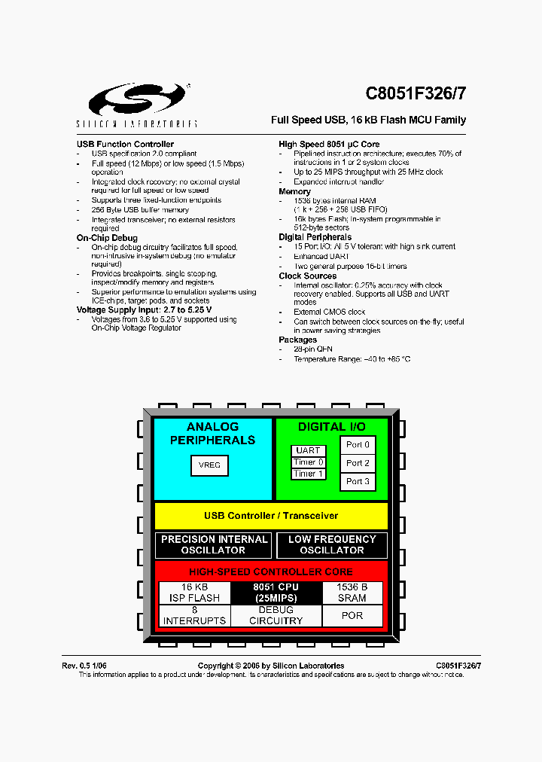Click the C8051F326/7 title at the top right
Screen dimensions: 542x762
click(416, 93)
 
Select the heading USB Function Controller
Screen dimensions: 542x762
click(125, 144)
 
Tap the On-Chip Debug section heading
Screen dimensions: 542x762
click(107, 238)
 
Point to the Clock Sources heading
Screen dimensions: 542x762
click(307, 276)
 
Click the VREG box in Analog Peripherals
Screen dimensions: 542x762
click(209, 465)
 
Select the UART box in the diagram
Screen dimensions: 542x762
click(309, 451)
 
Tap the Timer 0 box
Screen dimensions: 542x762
click(309, 462)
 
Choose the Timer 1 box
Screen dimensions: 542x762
click(309, 474)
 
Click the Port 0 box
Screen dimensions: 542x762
click(358, 445)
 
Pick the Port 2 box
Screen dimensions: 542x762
click(358, 463)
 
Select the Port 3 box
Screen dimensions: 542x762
click(358, 481)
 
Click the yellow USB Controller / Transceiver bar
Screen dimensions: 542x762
click(271, 516)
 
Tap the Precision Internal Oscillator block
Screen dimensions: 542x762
click(215, 545)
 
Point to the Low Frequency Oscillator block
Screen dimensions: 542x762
click(331, 545)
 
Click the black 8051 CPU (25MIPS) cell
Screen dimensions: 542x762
click(276, 593)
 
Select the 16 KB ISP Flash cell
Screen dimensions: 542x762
click(194, 593)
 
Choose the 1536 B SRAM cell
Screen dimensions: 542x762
click(352, 593)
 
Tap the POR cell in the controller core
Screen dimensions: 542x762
click(352, 616)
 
